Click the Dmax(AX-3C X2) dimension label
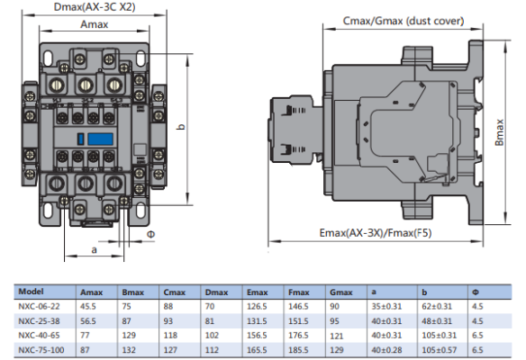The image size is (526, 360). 95,7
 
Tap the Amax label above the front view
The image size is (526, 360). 95,24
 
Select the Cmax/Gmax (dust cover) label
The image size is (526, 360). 404,21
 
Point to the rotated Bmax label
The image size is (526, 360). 500,132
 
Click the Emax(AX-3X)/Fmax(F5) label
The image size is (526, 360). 376,232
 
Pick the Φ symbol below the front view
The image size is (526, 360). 151,234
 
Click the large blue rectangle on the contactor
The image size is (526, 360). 100,139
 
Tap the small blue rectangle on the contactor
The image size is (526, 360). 80,139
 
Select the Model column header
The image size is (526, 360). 31,292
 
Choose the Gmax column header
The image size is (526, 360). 341,292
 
